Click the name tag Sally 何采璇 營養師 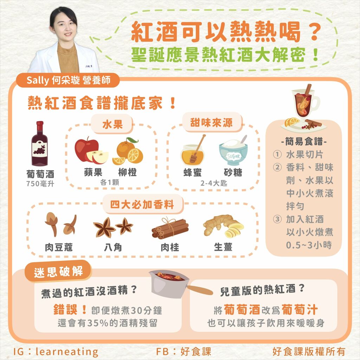[x=68, y=81]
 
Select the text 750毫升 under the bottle [x=40, y=184]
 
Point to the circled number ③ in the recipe [x=278, y=219]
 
